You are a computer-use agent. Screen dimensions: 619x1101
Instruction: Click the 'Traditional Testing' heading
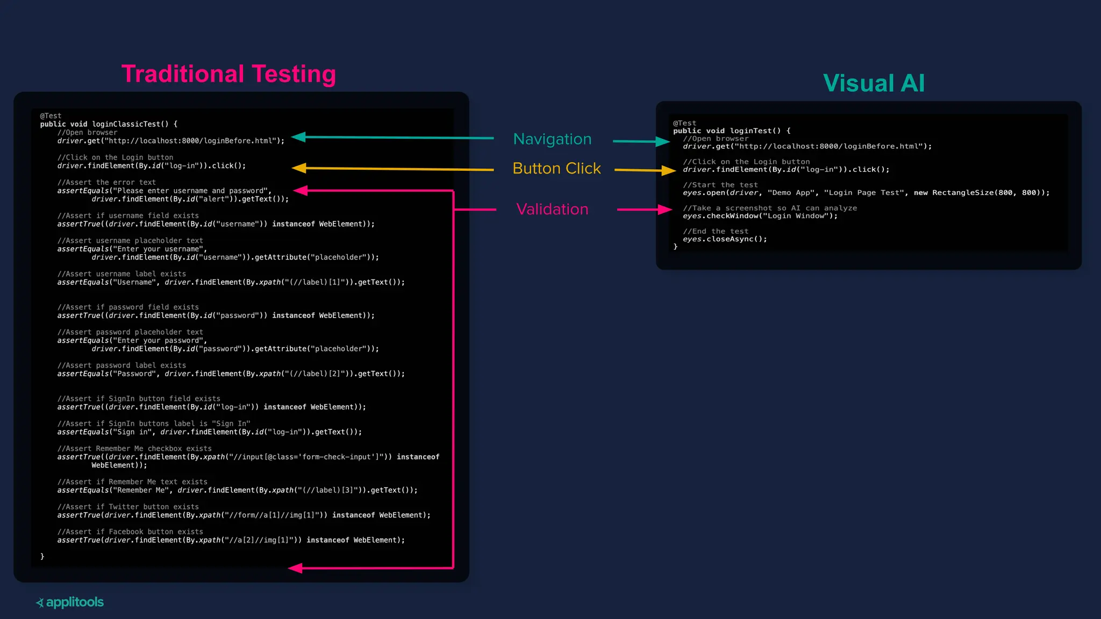[228, 74]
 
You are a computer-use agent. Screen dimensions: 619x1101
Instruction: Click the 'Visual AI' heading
[874, 83]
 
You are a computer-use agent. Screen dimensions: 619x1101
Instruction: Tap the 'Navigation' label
[552, 139]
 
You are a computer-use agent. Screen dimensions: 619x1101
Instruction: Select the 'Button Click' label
[556, 169]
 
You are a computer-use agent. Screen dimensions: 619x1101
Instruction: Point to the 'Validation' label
[552, 209]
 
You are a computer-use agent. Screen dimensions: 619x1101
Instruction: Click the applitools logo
[70, 602]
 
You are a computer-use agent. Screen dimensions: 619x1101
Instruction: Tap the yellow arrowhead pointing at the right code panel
[669, 170]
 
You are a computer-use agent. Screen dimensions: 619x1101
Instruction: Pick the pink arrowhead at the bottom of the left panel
[295, 568]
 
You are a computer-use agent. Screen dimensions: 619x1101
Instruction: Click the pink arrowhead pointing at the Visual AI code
[665, 210]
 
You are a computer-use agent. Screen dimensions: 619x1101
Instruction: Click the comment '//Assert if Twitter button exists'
[128, 507]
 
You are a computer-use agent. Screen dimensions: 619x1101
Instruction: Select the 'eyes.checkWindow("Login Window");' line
[760, 216]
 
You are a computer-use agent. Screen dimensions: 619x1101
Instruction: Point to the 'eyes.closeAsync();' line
[725, 239]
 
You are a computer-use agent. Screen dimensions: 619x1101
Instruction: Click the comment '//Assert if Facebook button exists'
[130, 531]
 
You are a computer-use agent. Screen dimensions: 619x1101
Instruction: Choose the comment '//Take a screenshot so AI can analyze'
[770, 208]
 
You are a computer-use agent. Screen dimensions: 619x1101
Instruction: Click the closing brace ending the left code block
[42, 557]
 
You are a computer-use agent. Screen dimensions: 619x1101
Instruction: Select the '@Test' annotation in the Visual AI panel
[684, 123]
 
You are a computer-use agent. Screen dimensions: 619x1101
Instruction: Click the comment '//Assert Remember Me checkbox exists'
[134, 449]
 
